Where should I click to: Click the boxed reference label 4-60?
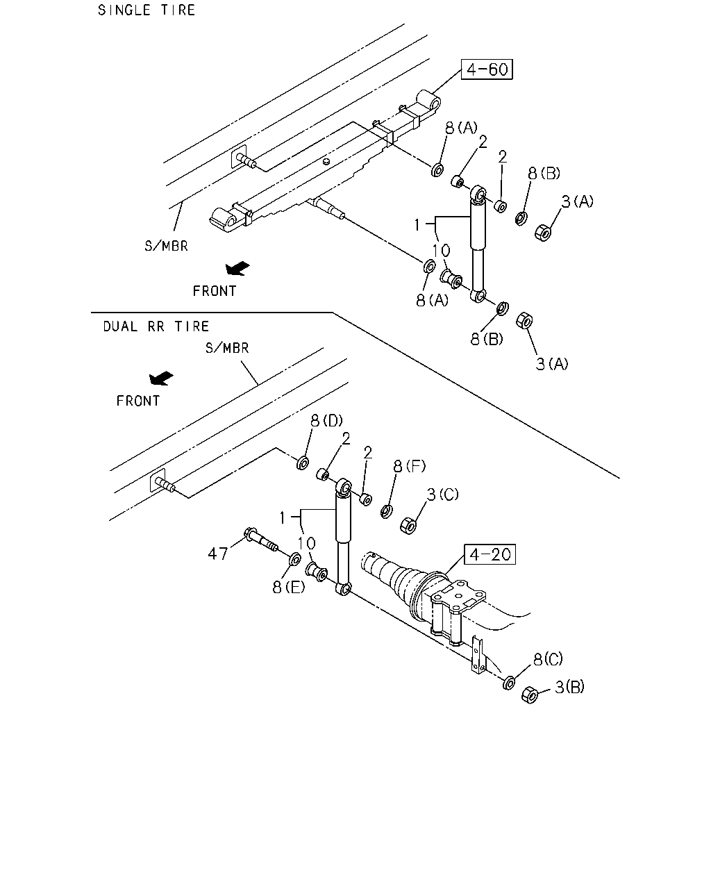pyautogui.click(x=487, y=69)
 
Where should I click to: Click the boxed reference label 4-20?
pyautogui.click(x=490, y=554)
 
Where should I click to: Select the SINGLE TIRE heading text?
pyautogui.click(x=147, y=10)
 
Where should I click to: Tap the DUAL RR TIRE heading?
pyautogui.click(x=156, y=326)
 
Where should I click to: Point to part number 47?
pyautogui.click(x=218, y=554)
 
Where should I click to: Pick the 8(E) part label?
pyautogui.click(x=288, y=587)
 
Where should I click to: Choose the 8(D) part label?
pyautogui.click(x=326, y=421)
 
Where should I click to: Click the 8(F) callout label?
pyautogui.click(x=409, y=467)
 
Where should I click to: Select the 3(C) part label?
pyautogui.click(x=442, y=494)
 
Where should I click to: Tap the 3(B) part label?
pyautogui.click(x=570, y=687)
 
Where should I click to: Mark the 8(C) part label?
pyautogui.click(x=549, y=659)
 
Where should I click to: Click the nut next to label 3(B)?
pyautogui.click(x=530, y=695)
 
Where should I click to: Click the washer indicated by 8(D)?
pyautogui.click(x=303, y=463)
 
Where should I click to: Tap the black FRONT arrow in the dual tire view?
pyautogui.click(x=161, y=378)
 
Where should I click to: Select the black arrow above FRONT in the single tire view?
pyautogui.click(x=237, y=268)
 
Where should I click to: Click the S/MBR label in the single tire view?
pyautogui.click(x=166, y=246)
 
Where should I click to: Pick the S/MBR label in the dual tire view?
pyautogui.click(x=227, y=348)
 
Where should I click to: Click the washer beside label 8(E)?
pyautogui.click(x=295, y=559)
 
